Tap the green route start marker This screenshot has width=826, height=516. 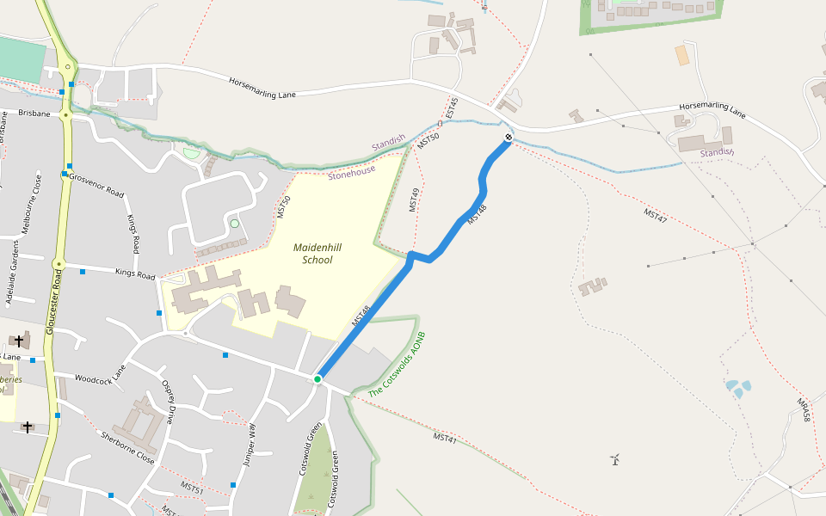(x=317, y=379)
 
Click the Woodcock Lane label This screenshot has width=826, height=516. (x=100, y=378)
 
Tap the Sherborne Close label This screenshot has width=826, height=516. (x=127, y=447)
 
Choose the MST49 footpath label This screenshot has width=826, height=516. (x=415, y=200)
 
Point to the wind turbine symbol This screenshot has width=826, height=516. (x=615, y=459)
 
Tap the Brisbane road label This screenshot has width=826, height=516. (x=34, y=113)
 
